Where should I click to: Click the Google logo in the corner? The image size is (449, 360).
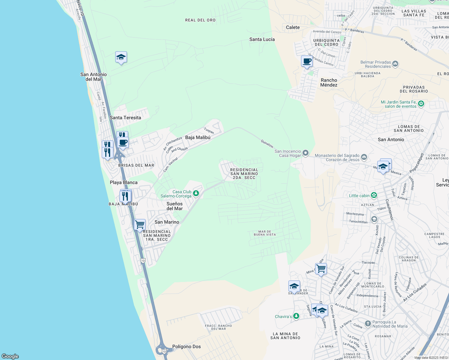[x=10, y=356]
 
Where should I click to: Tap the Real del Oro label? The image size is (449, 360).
[x=200, y=20]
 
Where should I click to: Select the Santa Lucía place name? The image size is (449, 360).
[x=262, y=39]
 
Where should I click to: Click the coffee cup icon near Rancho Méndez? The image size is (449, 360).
[x=307, y=61]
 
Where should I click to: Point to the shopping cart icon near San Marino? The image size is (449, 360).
[x=140, y=224]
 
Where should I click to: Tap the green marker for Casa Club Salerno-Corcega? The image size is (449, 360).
[x=196, y=193]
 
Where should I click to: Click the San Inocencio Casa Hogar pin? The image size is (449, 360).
[x=306, y=153]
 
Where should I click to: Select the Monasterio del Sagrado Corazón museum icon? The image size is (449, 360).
[x=364, y=157]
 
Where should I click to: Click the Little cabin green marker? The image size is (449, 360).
[x=374, y=195]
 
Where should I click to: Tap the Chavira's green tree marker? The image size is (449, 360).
[x=296, y=316]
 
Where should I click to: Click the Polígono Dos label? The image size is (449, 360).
[x=186, y=346]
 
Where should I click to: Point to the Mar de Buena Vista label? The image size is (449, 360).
[x=264, y=233]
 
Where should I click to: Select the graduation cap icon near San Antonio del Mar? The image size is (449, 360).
[x=121, y=57]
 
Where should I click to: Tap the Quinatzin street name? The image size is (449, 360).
[x=267, y=143]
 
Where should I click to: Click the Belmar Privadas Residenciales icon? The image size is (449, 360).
[x=395, y=64]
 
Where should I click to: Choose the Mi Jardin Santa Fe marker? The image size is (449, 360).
[x=421, y=103]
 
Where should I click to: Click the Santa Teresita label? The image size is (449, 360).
[x=125, y=118]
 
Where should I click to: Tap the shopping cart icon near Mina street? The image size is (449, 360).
[x=321, y=268]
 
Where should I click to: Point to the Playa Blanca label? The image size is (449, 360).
[x=124, y=182]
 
